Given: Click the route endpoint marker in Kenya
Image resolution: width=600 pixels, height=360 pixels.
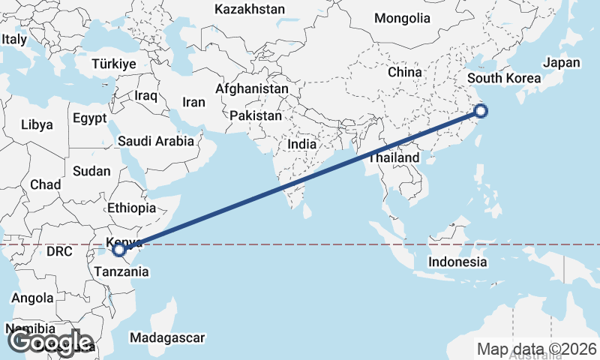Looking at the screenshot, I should coord(119,250).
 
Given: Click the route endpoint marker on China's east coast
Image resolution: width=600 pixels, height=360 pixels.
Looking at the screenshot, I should coord(481,112).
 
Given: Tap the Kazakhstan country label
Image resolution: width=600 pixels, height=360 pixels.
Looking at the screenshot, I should coord(250,10).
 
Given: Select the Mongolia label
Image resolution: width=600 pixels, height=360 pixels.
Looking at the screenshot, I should coord(402,19).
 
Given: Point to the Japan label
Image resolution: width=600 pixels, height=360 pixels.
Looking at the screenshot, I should coord(562,63).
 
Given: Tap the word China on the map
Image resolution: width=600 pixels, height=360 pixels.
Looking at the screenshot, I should coord(406,72).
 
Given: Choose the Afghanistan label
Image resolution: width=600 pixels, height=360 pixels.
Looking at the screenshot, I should coord(252,88).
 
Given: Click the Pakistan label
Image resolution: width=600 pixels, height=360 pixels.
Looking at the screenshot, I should coord(256,116).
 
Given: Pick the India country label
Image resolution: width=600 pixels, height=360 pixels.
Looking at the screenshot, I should coord(301,145).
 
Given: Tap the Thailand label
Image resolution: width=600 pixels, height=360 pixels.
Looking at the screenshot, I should coord(394,159).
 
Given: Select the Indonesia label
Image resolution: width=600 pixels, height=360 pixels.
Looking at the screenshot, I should coord(457,262).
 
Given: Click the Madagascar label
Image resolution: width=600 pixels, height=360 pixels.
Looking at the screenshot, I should coord(166,338).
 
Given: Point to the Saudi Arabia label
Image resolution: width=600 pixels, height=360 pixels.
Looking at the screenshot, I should coord(156,140).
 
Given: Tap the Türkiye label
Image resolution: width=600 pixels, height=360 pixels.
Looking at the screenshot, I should coord(114,64).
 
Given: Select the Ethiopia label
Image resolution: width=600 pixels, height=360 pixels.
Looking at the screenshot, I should coord(132,208).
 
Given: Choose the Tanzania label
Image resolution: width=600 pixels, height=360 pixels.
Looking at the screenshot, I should coord(121,271).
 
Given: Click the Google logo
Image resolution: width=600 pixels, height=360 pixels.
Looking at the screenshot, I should coord(49,343).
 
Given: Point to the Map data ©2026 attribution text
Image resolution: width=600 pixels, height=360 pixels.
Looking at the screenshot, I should coord(537,349).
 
